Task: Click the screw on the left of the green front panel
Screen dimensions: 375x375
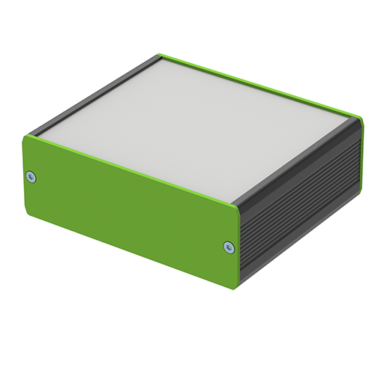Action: coord(31,177)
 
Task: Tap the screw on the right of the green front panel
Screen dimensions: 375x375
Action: coord(229,246)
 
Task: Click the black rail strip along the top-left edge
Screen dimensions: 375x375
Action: coord(97,94)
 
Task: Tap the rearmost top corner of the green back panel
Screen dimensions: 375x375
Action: coord(160,55)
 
